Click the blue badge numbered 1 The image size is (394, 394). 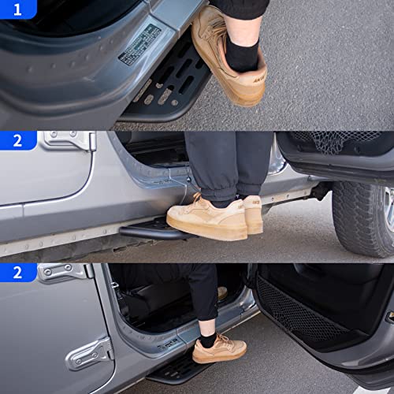coord(17,9)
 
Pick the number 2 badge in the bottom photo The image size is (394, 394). coord(17,273)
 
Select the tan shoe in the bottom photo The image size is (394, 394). coord(220,348)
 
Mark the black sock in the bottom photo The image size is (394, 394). coord(206,340)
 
